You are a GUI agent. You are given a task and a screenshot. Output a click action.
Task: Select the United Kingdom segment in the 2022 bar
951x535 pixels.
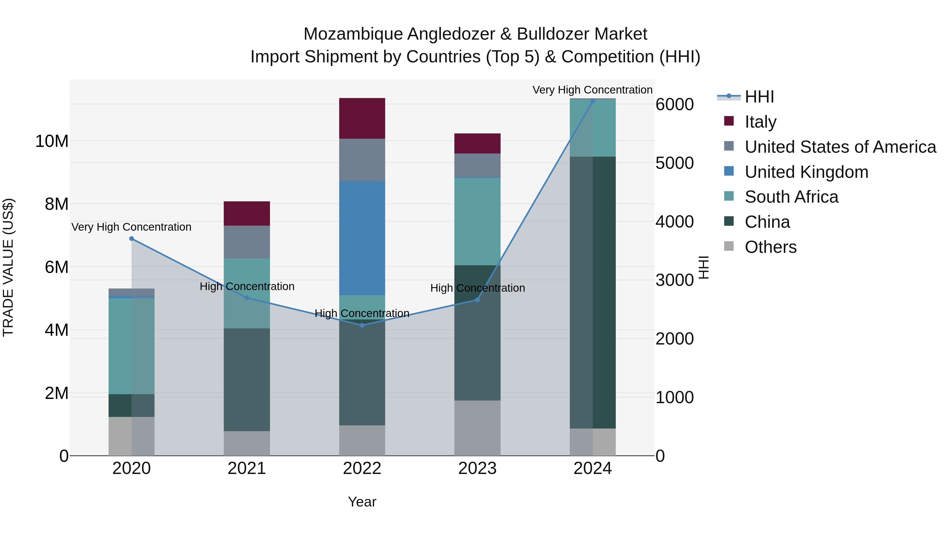[x=362, y=238]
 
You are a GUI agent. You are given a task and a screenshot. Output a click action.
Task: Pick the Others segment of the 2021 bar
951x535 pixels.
[x=247, y=443]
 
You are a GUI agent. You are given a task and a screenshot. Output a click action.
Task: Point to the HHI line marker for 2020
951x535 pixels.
[x=132, y=239]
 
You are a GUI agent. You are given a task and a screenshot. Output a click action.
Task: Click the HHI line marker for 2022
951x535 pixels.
[x=362, y=325]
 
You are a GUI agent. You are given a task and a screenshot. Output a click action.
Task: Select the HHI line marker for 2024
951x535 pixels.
[x=593, y=101]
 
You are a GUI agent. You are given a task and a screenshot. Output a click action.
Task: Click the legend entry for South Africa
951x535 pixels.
[x=791, y=197]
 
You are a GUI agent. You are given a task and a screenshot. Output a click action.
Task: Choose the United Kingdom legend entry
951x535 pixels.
[x=806, y=172]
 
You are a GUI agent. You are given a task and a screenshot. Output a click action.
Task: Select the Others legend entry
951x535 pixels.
[x=771, y=247]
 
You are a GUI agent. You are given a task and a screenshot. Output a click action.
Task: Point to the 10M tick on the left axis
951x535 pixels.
[x=52, y=141]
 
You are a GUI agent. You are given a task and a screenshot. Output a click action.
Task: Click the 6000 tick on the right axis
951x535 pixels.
[x=674, y=104]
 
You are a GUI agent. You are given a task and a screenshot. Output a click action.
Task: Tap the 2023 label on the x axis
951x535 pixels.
[x=477, y=468]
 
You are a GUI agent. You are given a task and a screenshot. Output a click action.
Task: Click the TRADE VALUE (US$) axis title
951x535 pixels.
[x=8, y=267]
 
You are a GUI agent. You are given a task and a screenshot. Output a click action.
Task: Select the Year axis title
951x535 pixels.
[x=362, y=502]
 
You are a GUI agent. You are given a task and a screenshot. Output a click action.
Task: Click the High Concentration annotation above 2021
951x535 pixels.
[x=247, y=286]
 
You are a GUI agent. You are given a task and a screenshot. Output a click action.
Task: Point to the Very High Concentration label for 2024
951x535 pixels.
[x=592, y=90]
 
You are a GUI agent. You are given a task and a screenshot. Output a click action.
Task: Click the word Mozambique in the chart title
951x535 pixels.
[x=353, y=34]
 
